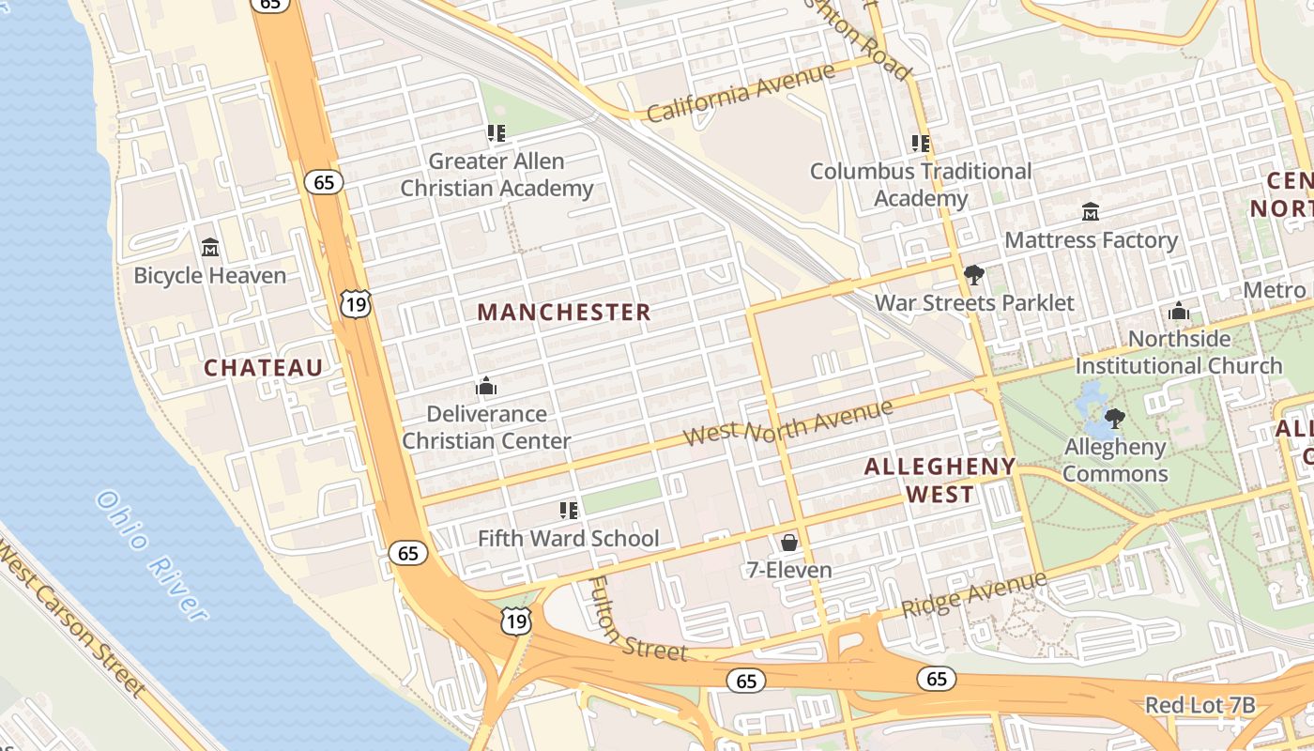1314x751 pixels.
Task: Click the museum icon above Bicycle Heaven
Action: (210, 248)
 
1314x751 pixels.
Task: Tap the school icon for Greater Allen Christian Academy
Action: (497, 133)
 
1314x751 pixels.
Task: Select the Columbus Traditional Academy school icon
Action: (921, 144)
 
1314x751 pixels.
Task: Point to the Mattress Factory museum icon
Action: (1091, 212)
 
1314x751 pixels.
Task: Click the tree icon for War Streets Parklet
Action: (974, 275)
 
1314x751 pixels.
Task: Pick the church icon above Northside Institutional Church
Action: (1179, 311)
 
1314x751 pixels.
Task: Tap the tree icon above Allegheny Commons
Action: (1114, 418)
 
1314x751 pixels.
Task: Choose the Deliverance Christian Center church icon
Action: (486, 386)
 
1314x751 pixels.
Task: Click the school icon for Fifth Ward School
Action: (569, 511)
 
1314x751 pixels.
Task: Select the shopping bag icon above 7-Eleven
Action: (789, 543)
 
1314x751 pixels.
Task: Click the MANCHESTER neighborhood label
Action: (563, 313)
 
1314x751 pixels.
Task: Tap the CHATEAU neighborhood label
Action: (264, 368)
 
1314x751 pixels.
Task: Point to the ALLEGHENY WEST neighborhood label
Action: (940, 480)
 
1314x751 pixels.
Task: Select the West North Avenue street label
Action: (787, 423)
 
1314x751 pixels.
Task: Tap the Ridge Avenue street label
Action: (973, 594)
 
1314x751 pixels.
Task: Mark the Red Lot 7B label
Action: (1199, 706)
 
